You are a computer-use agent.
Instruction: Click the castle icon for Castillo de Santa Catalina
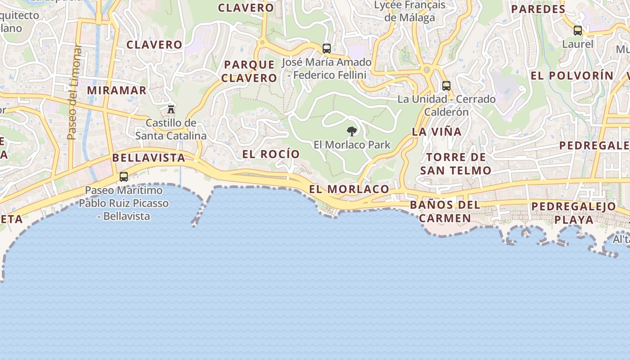coord(171,109)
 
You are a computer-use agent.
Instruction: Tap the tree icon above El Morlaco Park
coord(352,131)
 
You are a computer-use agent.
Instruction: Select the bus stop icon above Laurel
coord(578,31)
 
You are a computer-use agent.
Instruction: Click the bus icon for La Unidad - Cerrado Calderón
coord(446,85)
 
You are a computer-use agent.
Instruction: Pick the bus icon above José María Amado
coord(327,48)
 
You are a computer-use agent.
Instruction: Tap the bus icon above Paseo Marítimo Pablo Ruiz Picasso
coord(124,177)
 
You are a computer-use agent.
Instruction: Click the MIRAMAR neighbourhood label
coord(117,90)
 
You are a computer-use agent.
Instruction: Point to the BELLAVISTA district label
coord(148,158)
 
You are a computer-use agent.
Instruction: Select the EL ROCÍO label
coord(271,154)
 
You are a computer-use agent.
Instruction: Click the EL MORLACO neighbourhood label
coord(349,189)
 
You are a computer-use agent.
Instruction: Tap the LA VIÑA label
coord(437,132)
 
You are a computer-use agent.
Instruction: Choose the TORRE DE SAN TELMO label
coord(455,164)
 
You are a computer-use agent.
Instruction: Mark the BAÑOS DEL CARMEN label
coord(445,211)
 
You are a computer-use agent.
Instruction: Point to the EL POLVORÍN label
coord(572,76)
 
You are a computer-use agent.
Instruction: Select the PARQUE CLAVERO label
coord(249,71)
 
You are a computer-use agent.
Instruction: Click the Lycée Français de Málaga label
coord(409,11)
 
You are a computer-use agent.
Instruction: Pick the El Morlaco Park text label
coord(352,145)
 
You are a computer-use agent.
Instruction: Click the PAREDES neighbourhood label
coord(538,9)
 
